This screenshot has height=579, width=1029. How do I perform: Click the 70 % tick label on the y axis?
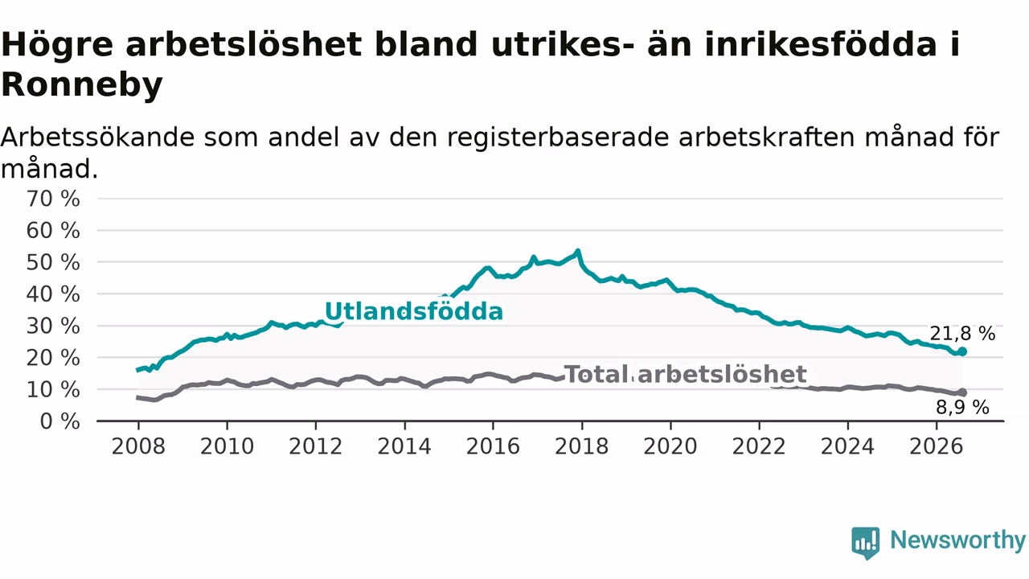click(x=53, y=199)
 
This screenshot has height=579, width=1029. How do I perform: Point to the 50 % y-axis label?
click(x=53, y=262)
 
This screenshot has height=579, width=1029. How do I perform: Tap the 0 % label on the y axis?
click(x=60, y=421)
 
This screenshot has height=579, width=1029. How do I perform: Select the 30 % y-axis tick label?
click(x=53, y=326)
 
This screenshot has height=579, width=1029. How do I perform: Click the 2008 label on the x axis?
click(x=138, y=446)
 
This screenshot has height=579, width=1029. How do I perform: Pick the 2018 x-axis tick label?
click(x=581, y=446)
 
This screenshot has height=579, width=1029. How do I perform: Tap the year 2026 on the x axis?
click(x=937, y=446)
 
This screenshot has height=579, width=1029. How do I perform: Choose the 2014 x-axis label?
click(x=404, y=446)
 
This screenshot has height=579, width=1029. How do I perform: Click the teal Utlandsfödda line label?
click(x=414, y=311)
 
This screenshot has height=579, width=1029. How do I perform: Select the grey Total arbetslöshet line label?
click(x=685, y=374)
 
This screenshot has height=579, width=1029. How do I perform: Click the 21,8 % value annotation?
click(x=962, y=334)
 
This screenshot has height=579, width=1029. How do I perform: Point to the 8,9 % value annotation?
click(x=963, y=408)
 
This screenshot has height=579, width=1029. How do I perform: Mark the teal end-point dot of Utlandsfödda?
click(x=962, y=351)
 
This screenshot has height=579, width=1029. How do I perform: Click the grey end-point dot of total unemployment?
click(x=962, y=392)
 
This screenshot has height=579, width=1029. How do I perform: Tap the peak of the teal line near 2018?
click(x=578, y=251)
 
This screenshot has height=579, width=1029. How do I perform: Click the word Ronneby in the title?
click(x=82, y=85)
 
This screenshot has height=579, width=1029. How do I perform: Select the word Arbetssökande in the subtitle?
click(x=97, y=138)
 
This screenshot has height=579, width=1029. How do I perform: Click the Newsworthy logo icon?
click(x=866, y=543)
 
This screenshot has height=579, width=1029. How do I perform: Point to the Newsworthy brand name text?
click(x=958, y=540)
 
